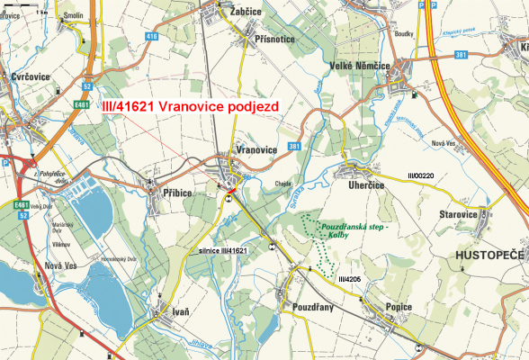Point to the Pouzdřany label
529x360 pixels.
(x=314, y=308)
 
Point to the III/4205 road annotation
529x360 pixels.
(x=350, y=281)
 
